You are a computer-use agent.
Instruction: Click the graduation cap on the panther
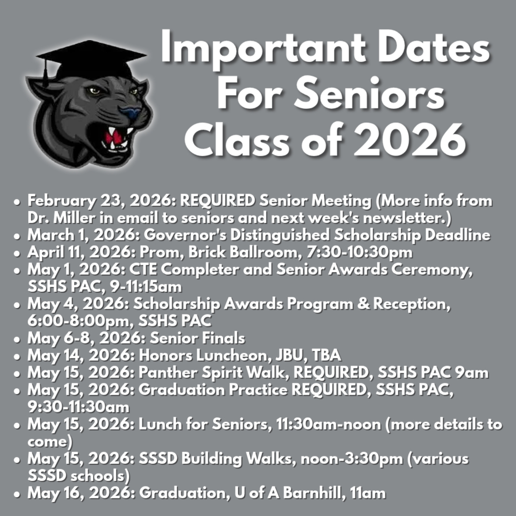click(91, 59)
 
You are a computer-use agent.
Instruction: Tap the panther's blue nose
click(131, 112)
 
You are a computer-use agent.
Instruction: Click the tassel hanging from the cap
click(46, 73)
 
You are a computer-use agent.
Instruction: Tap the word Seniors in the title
click(369, 94)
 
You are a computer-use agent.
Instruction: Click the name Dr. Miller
click(61, 218)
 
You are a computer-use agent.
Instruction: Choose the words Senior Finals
click(198, 338)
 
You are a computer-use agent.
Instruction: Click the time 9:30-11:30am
click(78, 407)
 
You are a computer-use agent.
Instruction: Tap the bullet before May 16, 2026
click(17, 494)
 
